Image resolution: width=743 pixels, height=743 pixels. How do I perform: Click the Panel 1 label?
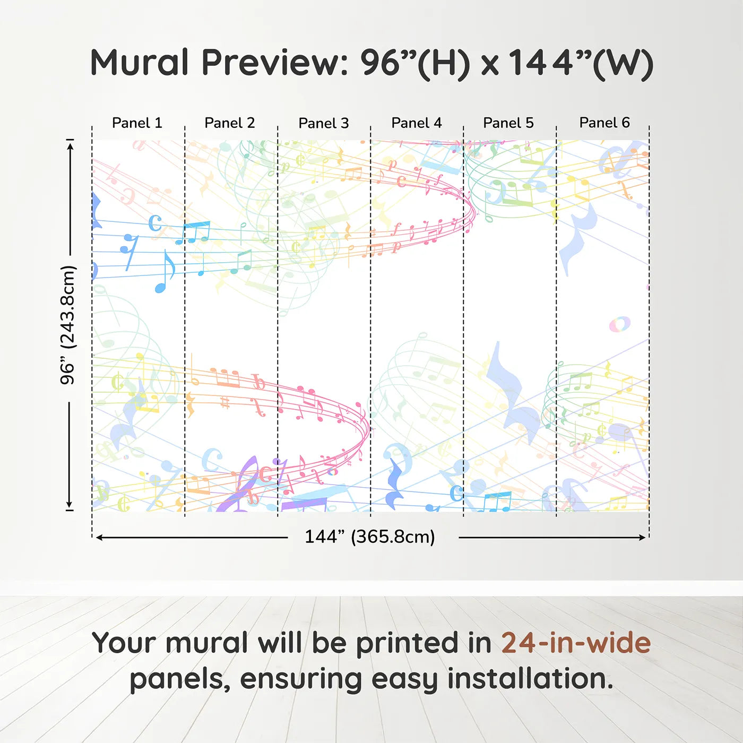137,123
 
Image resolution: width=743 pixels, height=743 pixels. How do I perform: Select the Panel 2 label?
229,123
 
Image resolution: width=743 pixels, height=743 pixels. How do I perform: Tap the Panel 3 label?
324,123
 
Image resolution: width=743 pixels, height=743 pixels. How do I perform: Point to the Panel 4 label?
417,123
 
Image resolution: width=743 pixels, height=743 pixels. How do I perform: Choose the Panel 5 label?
508,123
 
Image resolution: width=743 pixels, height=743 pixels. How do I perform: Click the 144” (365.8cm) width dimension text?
370,537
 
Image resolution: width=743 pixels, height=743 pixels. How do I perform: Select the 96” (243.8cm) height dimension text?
68,325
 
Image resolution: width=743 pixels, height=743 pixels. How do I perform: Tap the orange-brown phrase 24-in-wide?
576,643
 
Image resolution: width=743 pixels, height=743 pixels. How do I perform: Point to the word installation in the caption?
530,679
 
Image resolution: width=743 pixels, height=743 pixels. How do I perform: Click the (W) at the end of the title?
623,64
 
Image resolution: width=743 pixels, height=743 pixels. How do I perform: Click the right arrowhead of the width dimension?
642,538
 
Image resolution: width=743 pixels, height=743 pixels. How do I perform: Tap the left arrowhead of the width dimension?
99,538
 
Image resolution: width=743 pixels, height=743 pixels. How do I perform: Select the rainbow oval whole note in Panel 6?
620,324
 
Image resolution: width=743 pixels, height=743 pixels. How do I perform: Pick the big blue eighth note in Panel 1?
164,271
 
